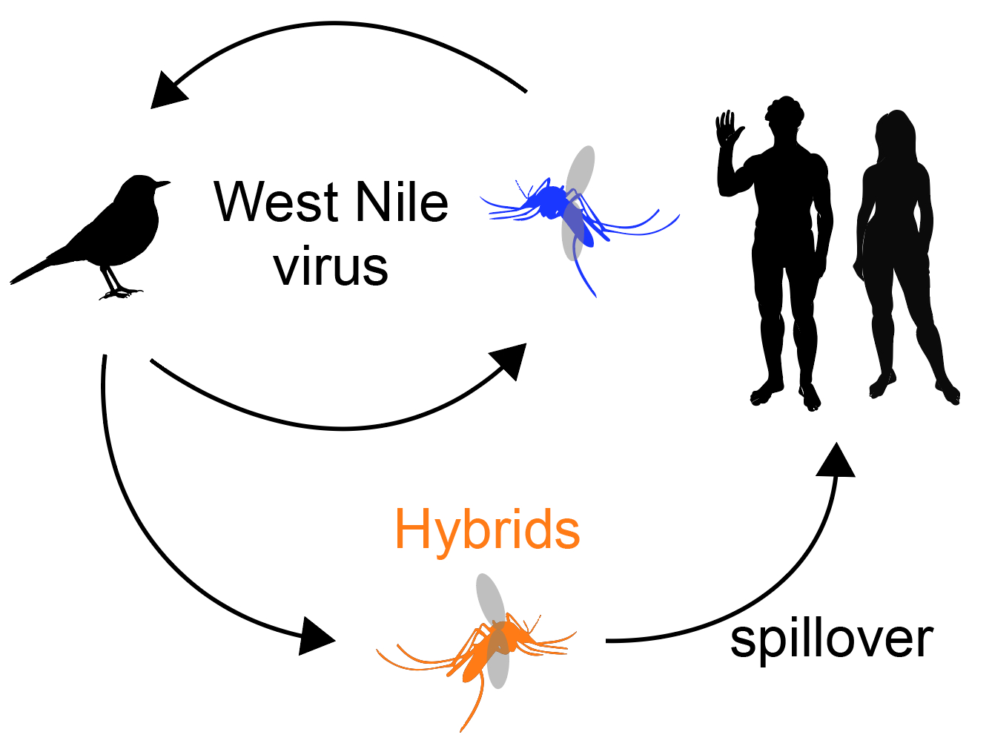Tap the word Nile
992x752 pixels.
(x=401, y=202)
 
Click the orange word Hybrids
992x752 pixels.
(x=487, y=530)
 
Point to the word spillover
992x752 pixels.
(x=831, y=639)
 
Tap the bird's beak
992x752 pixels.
(x=164, y=183)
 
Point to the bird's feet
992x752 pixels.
(x=120, y=294)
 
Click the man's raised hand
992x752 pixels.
(x=728, y=127)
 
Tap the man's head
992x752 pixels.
(x=785, y=114)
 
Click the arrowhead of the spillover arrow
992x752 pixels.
(x=836, y=461)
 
